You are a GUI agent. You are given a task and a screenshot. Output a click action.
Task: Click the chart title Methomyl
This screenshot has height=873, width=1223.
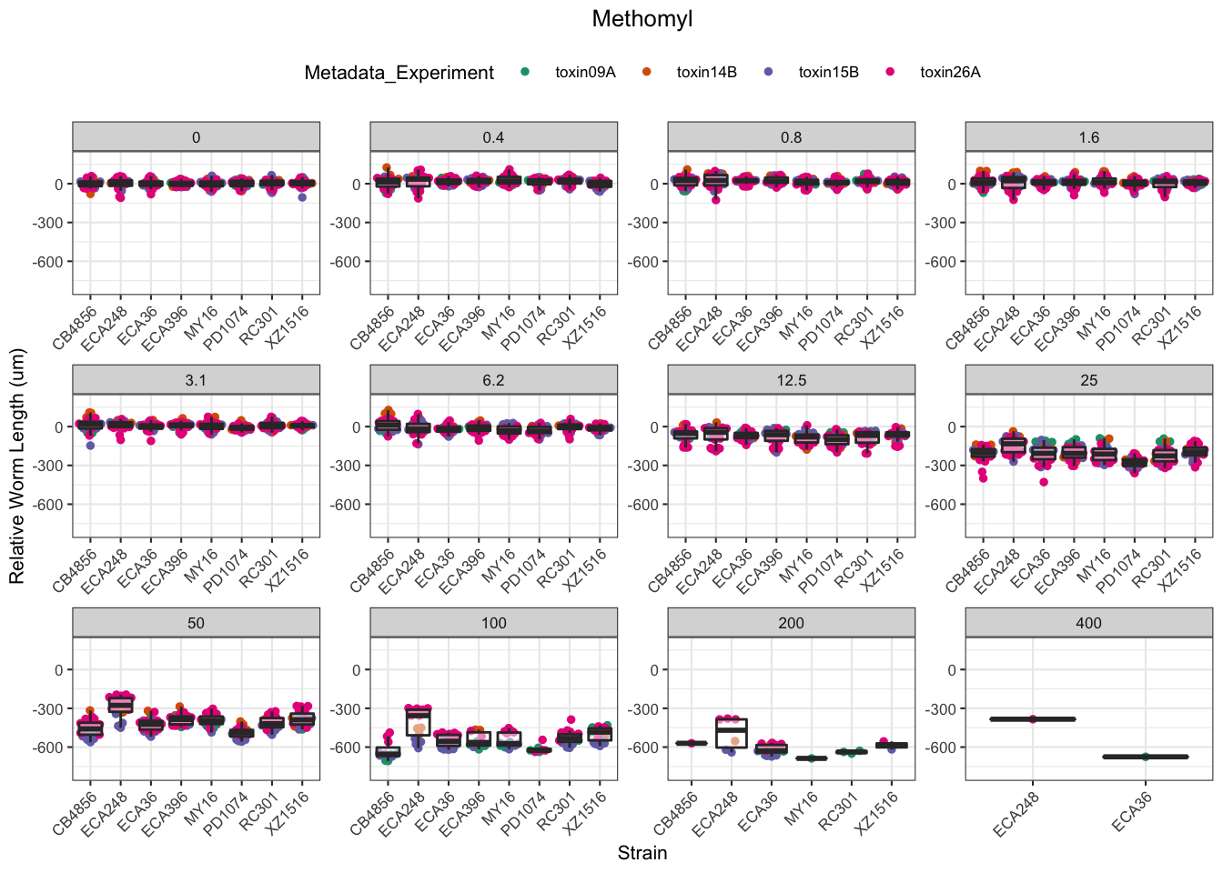pos(642,19)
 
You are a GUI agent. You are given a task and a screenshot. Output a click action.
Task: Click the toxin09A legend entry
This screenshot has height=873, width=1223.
pos(584,73)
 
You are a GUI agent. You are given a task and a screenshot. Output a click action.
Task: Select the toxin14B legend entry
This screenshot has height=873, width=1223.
pos(706,73)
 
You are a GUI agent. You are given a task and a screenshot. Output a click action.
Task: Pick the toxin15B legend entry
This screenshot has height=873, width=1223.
pos(828,73)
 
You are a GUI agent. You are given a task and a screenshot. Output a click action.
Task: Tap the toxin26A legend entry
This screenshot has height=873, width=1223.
pos(949,73)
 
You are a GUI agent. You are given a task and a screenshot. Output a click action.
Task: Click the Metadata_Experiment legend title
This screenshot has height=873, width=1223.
pos(399,73)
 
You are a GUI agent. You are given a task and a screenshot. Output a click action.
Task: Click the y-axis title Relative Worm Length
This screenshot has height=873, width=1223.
pos(17,467)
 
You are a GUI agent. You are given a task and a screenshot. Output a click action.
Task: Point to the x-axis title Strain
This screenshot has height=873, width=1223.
pos(642,853)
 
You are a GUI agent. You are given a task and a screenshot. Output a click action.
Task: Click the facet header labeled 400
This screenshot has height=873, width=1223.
pos(1088,623)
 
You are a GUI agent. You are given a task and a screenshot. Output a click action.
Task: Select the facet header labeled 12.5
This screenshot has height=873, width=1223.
pos(791,380)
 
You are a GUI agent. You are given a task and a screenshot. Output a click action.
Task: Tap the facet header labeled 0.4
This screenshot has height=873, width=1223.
pos(493,137)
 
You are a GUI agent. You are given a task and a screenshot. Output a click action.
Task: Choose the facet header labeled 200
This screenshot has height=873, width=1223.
pos(791,623)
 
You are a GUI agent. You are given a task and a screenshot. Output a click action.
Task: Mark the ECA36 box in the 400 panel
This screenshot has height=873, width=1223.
pos(1145,757)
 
